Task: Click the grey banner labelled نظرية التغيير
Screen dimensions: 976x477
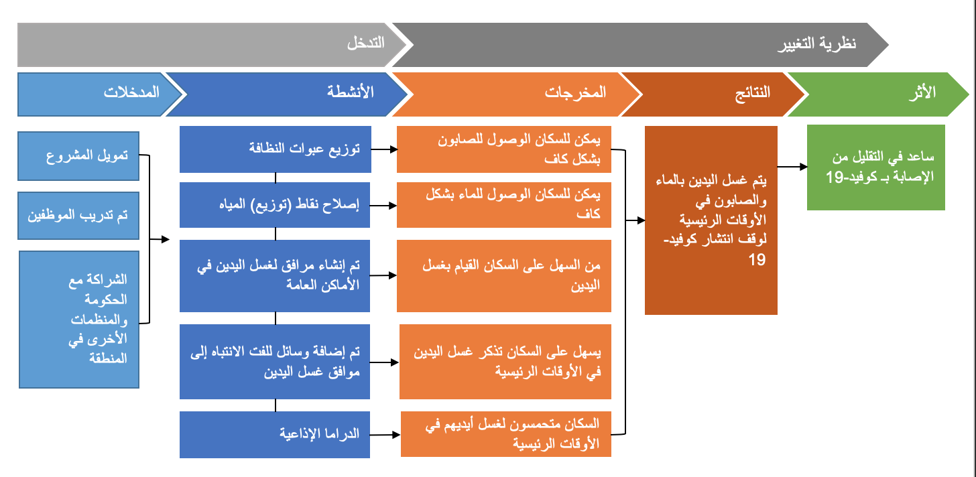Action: point(636,45)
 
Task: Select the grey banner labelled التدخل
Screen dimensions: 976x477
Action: point(209,45)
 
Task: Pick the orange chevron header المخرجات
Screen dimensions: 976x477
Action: point(514,94)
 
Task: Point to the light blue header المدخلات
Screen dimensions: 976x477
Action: point(98,94)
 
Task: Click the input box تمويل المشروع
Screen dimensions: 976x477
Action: point(78,156)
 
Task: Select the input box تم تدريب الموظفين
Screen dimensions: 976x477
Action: point(78,216)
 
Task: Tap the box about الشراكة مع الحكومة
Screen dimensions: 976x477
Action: point(79,320)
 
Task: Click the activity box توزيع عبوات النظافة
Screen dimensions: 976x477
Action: point(276,149)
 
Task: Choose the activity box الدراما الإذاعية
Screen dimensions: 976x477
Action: point(275,434)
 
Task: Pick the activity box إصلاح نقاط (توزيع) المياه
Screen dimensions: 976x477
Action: point(275,205)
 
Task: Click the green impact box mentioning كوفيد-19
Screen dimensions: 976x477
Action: point(875,167)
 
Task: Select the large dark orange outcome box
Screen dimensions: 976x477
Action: point(711,220)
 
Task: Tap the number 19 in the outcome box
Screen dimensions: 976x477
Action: point(757,260)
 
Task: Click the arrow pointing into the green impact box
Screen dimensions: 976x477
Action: point(792,166)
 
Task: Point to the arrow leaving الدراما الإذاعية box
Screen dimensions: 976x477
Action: point(385,434)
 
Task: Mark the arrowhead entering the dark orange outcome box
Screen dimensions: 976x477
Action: point(641,220)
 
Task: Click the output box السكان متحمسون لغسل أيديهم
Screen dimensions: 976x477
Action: point(506,434)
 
